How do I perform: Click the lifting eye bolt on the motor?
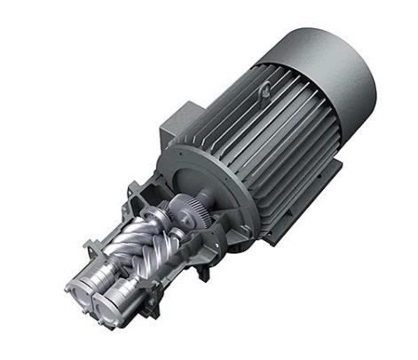coord(265,90)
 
